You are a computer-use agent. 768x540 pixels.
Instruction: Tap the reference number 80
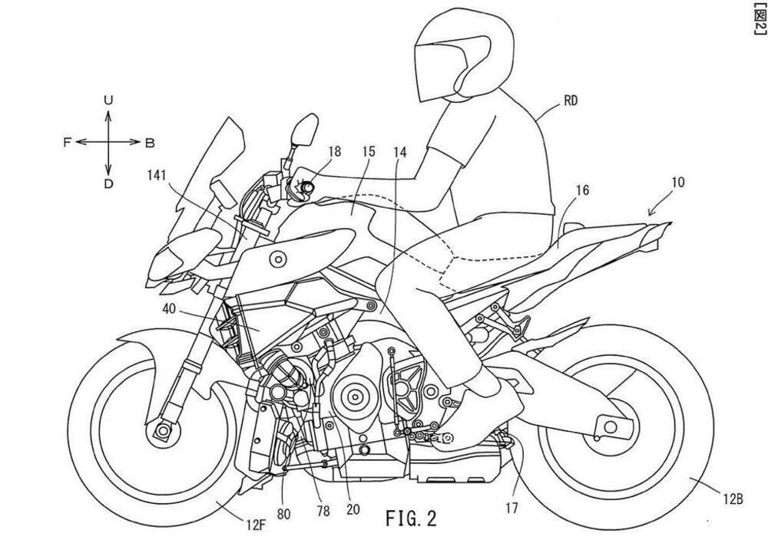284,512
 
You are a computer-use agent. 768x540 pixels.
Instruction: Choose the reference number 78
322,510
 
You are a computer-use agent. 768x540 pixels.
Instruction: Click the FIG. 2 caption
410,518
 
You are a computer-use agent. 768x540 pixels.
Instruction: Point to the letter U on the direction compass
108,100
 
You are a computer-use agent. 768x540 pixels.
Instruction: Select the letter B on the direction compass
150,142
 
